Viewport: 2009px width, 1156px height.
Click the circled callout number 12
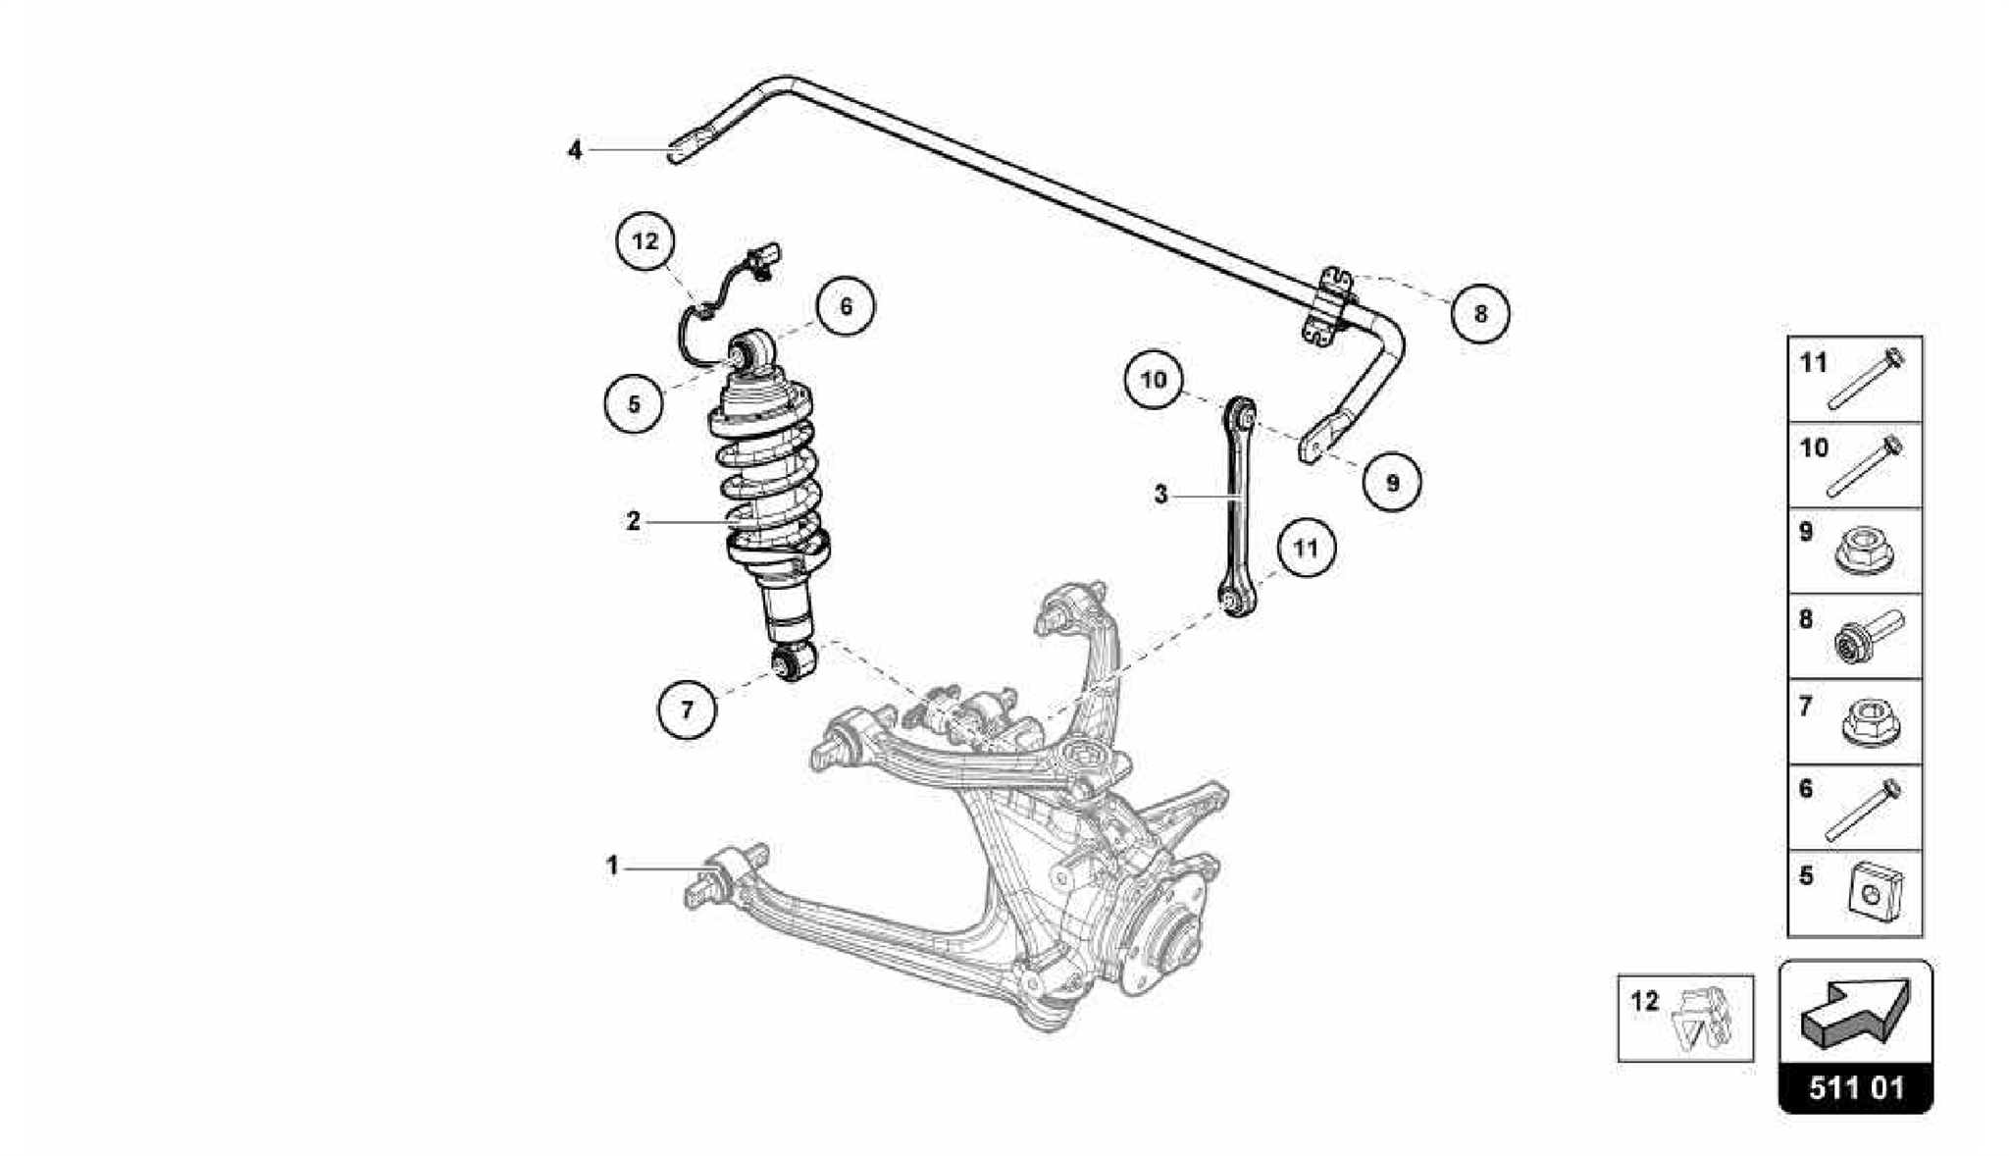[x=645, y=240]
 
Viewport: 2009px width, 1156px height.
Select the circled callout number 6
[x=846, y=306]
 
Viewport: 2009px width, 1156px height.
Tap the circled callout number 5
[x=634, y=403]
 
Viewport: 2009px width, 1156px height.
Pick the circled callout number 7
[x=687, y=709]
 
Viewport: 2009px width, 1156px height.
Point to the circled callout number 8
[x=1479, y=314]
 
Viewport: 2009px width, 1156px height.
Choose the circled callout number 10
[x=1154, y=379]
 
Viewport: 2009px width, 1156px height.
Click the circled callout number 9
[x=1393, y=482]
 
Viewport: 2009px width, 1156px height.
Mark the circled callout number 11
[x=1306, y=548]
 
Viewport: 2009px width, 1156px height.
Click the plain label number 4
[x=575, y=150]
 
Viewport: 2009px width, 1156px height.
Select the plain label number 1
[x=612, y=867]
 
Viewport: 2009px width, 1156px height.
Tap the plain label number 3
[x=1161, y=495]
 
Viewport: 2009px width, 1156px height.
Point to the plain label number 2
[x=634, y=521]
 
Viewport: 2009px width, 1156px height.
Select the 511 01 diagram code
[x=1856, y=1088]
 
